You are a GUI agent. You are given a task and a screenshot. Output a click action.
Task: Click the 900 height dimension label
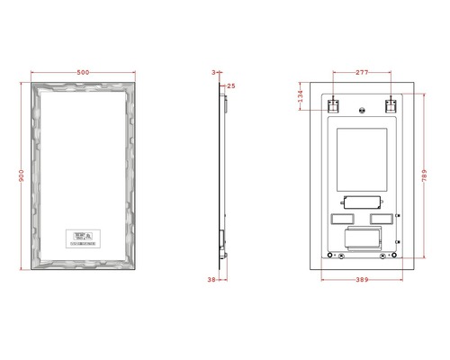(21, 177)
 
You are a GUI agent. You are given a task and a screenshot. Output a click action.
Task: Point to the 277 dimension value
(362, 71)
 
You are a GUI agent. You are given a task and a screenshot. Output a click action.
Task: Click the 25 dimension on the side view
(231, 85)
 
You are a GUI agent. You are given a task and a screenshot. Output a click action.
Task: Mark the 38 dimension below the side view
(211, 280)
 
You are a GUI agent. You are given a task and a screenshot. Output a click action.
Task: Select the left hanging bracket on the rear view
(333, 105)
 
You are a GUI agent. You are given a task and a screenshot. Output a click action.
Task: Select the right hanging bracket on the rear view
(391, 105)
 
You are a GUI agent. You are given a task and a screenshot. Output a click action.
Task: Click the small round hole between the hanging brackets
(362, 112)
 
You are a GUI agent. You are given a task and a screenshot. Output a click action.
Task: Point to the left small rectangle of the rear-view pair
(343, 219)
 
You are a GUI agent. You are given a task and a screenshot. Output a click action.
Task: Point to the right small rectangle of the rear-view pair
(381, 219)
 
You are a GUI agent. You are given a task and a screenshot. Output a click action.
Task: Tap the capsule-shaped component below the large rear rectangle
(362, 202)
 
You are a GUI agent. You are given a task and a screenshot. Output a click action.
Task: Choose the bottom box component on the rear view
(362, 238)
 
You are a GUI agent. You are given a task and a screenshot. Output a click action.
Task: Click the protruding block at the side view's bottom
(223, 240)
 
